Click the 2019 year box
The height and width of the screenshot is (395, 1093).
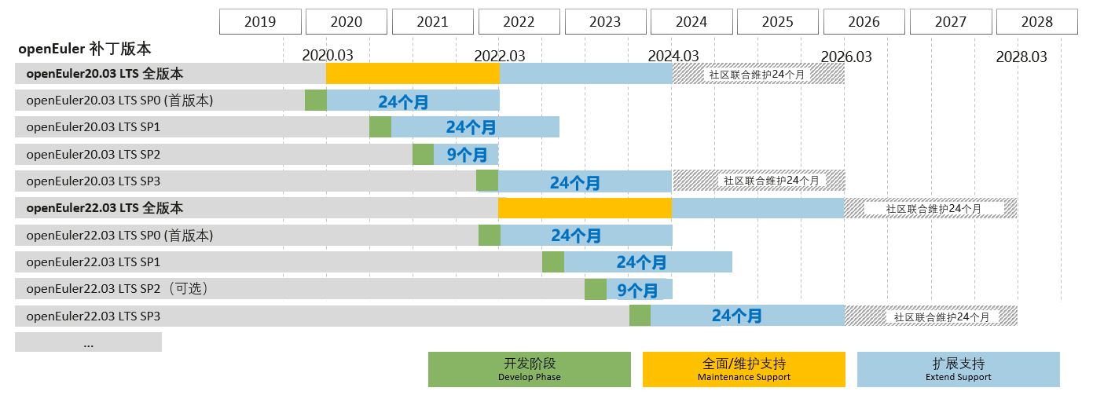pyautogui.click(x=260, y=22)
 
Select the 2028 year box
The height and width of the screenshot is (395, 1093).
pyautogui.click(x=1037, y=22)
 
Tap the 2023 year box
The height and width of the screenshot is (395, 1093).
pyautogui.click(x=606, y=22)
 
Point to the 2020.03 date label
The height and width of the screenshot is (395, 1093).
pyautogui.click(x=328, y=57)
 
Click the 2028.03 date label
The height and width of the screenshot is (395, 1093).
pyautogui.click(x=1021, y=57)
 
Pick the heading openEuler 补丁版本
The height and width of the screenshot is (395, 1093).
pyautogui.click(x=85, y=49)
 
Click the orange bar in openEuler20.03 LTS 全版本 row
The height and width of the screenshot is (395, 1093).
pyautogui.click(x=413, y=74)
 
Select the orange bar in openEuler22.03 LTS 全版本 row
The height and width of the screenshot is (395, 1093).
pyautogui.click(x=585, y=208)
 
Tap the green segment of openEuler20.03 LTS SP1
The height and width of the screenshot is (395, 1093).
pyautogui.click(x=380, y=127)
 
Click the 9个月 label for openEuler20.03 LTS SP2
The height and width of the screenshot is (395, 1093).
pyautogui.click(x=467, y=155)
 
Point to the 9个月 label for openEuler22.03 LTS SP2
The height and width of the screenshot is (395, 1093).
pyautogui.click(x=637, y=290)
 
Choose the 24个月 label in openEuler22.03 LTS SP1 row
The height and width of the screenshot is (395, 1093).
pyautogui.click(x=641, y=262)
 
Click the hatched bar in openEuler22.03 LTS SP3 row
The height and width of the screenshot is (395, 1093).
pyautogui.click(x=931, y=316)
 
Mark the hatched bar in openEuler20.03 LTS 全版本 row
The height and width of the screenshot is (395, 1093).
pyautogui.click(x=758, y=74)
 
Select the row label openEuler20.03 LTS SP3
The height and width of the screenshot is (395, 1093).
pyautogui.click(x=94, y=181)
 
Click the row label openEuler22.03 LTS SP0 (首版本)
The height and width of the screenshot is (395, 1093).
pyautogui.click(x=119, y=236)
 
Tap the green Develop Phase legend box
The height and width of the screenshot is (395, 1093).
pyautogui.click(x=529, y=369)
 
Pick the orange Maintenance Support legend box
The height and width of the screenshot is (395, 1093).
pyautogui.click(x=743, y=369)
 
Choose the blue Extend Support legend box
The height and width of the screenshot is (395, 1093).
pyautogui.click(x=958, y=369)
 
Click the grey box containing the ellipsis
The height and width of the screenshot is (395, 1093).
pyautogui.click(x=88, y=342)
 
